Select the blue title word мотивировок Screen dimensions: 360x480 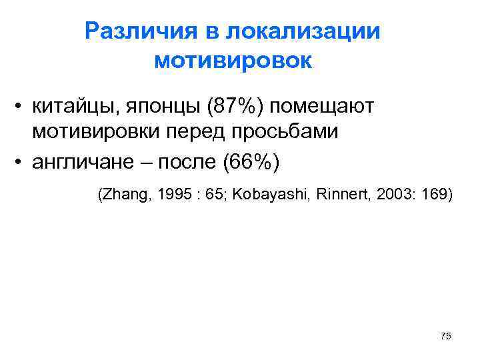233,61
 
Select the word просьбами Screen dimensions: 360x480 284,131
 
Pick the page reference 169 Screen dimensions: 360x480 435,195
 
